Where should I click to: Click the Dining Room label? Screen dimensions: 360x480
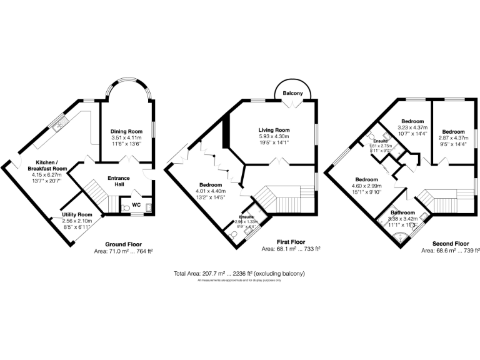pyautogui.click(x=126, y=132)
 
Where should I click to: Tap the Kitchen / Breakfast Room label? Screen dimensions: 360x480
pyautogui.click(x=51, y=165)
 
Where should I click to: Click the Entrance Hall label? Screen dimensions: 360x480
pyautogui.click(x=119, y=181)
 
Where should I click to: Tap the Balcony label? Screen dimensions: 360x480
pyautogui.click(x=292, y=93)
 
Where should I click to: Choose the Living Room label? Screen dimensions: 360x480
pyautogui.click(x=274, y=130)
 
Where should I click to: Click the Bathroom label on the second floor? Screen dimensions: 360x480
pyautogui.click(x=402, y=212)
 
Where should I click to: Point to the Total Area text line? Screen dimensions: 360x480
pyautogui.click(x=239, y=274)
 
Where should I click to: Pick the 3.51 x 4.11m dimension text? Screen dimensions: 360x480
pyautogui.click(x=126, y=138)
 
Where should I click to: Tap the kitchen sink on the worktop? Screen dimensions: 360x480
pyautogui.click(x=59, y=126)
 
